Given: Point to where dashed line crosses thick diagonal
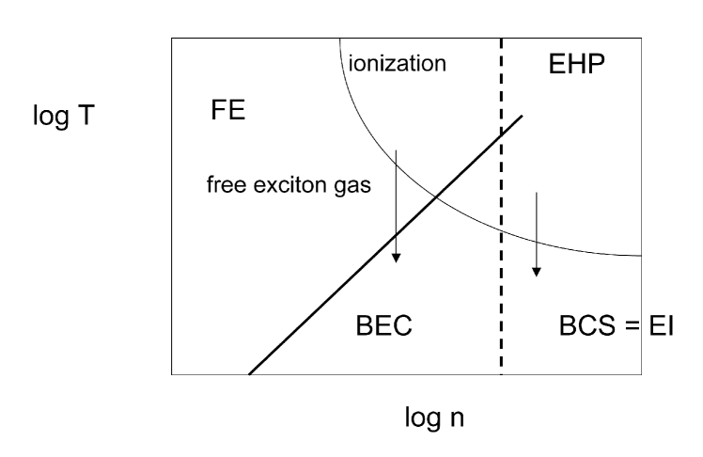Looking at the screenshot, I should (x=501, y=133).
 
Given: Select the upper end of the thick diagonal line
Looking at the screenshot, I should (x=522, y=114).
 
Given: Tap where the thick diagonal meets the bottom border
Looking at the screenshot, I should (x=249, y=374).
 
